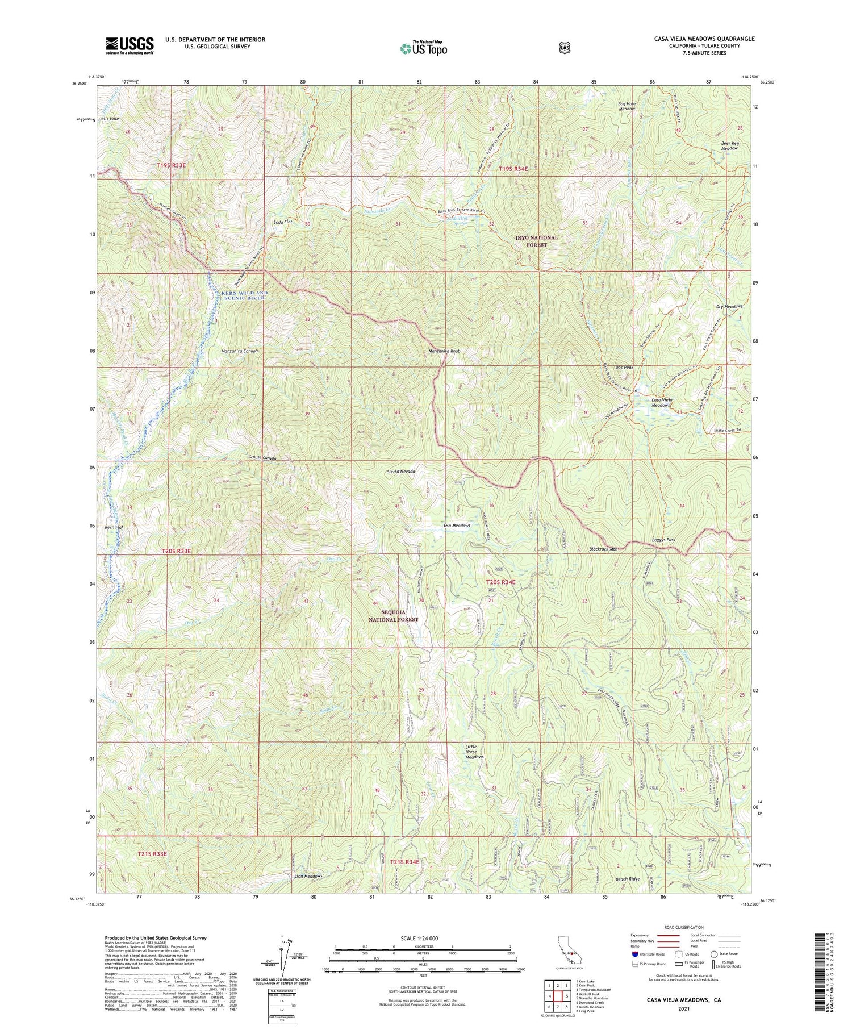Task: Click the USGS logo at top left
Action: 130,45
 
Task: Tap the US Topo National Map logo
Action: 423,48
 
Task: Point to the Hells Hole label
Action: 108,119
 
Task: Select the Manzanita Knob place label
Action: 444,351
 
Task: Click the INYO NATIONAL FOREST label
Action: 537,241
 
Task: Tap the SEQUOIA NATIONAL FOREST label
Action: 394,616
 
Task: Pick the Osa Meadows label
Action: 457,526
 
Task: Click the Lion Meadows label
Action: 308,876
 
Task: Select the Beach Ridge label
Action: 628,879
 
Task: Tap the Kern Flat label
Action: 114,527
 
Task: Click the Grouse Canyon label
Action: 262,457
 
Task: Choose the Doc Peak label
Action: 625,368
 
